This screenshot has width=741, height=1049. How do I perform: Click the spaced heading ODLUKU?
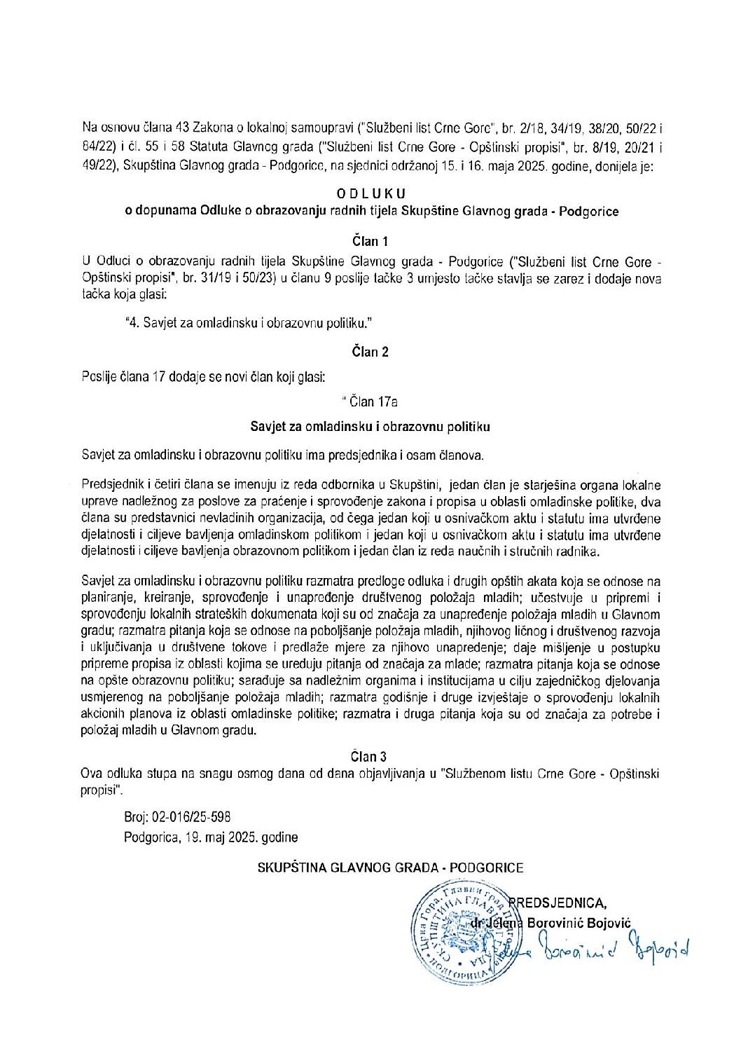[x=370, y=193]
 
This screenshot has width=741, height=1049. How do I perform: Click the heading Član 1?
[x=370, y=242]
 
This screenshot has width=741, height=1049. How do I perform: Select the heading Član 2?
[x=370, y=352]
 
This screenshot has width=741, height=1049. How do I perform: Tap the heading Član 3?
[x=368, y=757]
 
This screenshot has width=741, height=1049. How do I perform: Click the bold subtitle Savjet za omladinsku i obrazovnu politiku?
[x=370, y=426]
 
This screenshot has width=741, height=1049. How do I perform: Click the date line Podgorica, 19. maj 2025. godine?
[x=211, y=837]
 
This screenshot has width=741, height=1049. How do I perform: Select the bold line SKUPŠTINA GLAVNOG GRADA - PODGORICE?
[x=390, y=868]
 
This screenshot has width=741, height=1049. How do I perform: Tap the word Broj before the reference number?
[x=135, y=817]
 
